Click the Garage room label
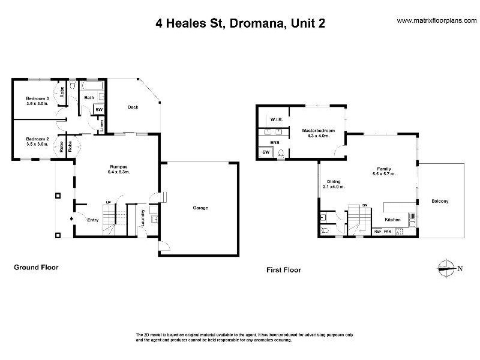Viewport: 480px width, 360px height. coord(200,208)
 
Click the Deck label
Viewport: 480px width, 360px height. coord(133,107)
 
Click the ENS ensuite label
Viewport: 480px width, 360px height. coord(275,142)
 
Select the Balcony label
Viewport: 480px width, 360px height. coord(439,201)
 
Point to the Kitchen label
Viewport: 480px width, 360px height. coord(392,220)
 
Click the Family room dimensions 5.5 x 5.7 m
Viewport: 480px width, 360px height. coord(384,174)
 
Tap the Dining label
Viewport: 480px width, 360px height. coord(334,181)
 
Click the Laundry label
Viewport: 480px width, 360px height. coord(143,217)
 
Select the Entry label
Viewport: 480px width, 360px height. coord(92,220)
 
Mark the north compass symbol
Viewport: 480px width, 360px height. coord(447,268)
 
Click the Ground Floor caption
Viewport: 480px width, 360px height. coord(36,267)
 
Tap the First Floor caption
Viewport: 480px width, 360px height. coord(283,270)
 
